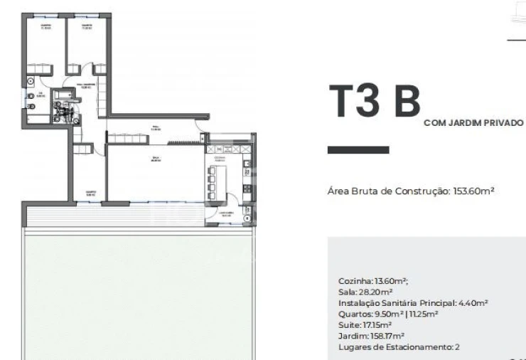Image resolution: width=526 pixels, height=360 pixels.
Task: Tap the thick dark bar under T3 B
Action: coord(358,150)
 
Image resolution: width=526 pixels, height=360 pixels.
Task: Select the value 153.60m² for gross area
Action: coord(473,191)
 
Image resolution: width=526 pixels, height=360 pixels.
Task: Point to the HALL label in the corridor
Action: coord(155,129)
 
